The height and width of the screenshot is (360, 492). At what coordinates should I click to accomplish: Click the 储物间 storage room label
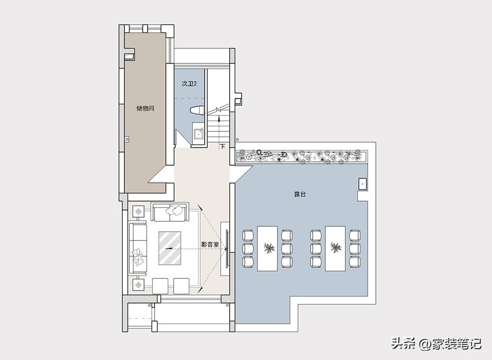coord(145,109)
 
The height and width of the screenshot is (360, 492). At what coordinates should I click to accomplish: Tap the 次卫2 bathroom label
coord(189,84)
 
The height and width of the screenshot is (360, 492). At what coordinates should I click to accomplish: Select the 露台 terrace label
coord(300,195)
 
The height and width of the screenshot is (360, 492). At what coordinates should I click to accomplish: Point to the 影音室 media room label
coord(210,244)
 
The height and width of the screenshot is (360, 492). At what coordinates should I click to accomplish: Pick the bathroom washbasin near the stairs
coord(199,133)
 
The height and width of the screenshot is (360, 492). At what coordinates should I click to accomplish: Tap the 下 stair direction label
coord(222,146)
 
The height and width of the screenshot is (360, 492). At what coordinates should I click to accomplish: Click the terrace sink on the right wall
coord(363,184)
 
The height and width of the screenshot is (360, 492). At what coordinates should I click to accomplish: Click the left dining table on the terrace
coord(267,248)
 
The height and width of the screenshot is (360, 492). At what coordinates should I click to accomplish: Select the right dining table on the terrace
coord(336,248)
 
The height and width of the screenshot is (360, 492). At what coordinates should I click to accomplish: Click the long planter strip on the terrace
coord(302,156)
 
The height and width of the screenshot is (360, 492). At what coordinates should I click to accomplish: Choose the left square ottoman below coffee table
coord(160,286)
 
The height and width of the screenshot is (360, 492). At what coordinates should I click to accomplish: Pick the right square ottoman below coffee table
coord(182,286)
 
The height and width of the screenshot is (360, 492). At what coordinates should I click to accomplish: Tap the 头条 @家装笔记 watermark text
coord(436,343)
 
